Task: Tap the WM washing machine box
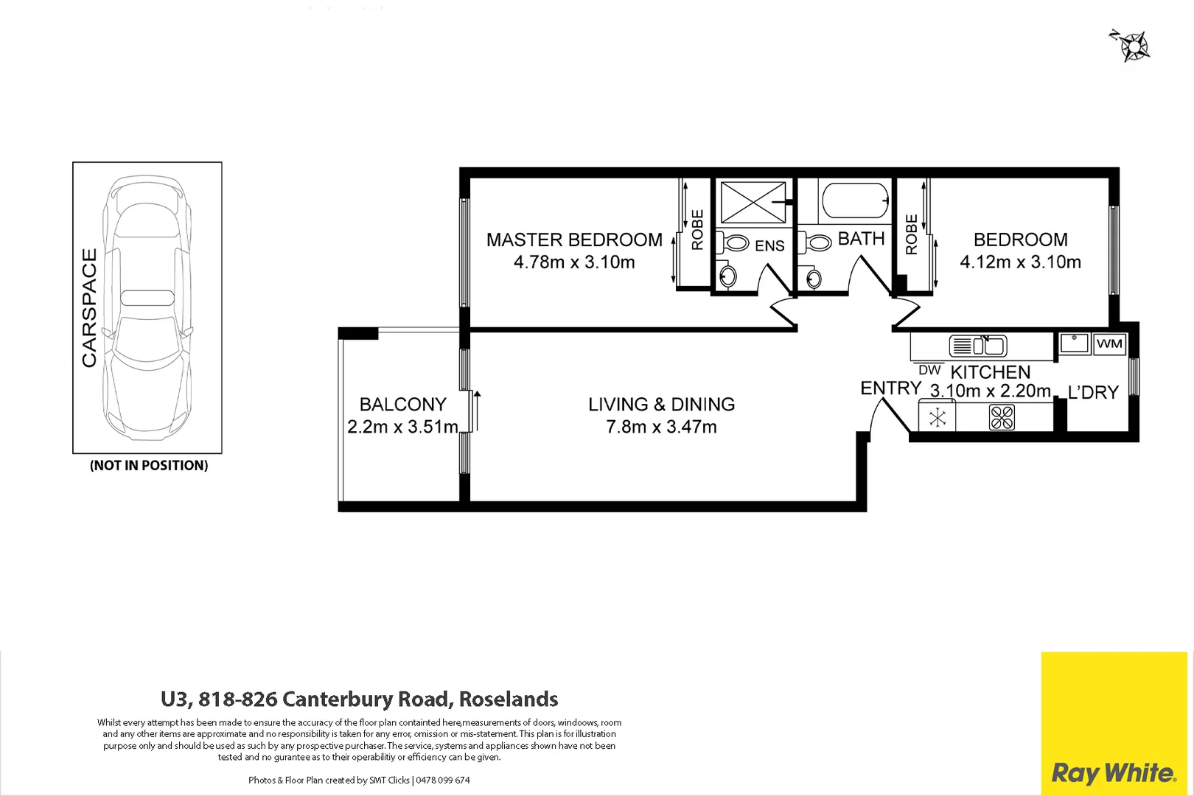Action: [x=1109, y=343]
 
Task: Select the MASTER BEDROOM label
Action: [x=574, y=240]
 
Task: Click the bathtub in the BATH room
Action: [x=855, y=200]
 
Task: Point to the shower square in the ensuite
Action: [x=753, y=202]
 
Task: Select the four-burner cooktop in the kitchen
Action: [x=1002, y=418]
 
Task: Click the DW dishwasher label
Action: [x=929, y=371]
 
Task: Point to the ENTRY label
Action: [x=890, y=388]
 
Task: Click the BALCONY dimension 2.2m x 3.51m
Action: [x=402, y=427]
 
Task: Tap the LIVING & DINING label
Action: [x=661, y=405]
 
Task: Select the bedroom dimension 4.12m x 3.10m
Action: [x=1020, y=262]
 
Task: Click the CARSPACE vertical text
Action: [x=89, y=307]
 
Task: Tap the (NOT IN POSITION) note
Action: [x=149, y=466]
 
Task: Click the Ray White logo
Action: [x=1113, y=772]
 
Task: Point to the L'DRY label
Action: [x=1093, y=393]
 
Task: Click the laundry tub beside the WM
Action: [x=1075, y=343]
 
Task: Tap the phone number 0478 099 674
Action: [x=442, y=780]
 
